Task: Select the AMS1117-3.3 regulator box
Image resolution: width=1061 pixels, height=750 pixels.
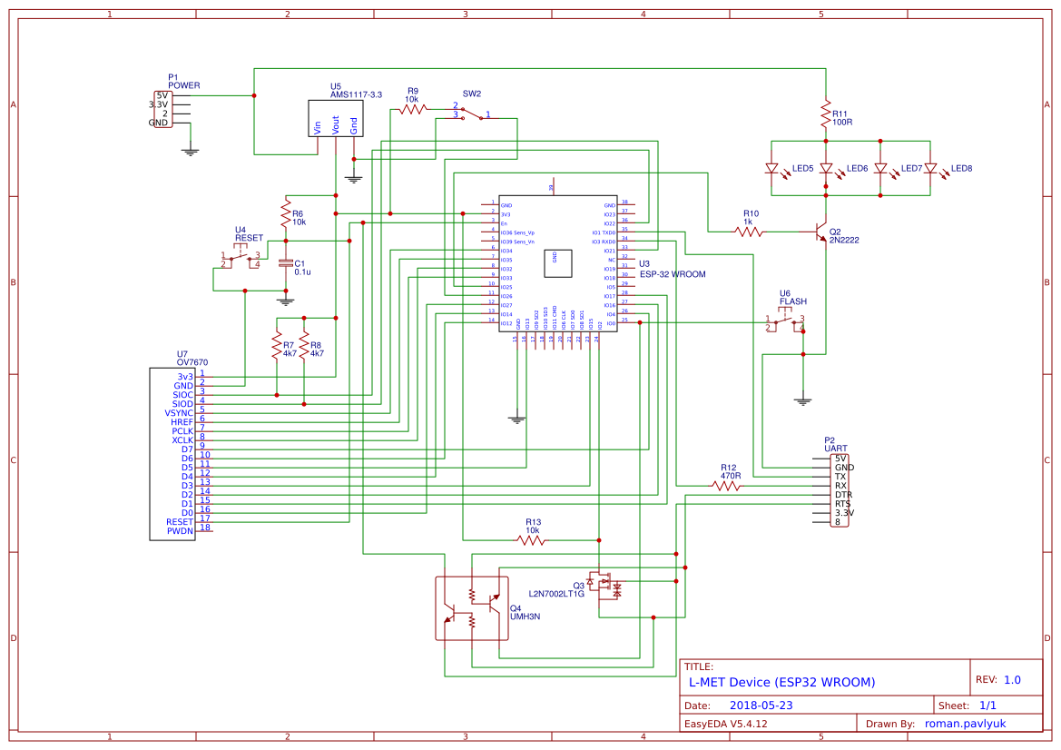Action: click(x=335, y=118)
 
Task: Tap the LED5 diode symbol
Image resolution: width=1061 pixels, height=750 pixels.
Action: click(x=771, y=169)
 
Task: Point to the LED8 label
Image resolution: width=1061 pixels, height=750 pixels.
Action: click(x=961, y=169)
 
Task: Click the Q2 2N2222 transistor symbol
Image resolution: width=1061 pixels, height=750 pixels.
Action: click(x=820, y=232)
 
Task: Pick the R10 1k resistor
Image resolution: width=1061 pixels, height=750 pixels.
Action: click(x=749, y=232)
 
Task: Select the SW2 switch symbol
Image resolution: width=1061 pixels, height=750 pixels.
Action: click(x=471, y=113)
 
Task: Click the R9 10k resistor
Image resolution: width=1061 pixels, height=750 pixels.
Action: click(x=413, y=109)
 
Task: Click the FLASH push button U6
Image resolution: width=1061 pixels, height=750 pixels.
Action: click(x=785, y=321)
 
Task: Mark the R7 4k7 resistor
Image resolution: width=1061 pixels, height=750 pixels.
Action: click(x=277, y=345)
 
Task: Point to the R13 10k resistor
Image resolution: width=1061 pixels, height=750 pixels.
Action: click(x=532, y=539)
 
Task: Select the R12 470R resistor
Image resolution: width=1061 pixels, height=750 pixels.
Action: click(x=726, y=486)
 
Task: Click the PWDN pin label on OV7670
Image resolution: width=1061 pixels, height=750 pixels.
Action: click(x=180, y=531)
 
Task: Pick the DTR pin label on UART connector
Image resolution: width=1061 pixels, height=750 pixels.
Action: click(x=843, y=494)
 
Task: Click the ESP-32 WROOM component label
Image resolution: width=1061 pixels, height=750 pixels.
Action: click(x=672, y=273)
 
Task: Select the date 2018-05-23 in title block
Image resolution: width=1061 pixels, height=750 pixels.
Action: click(x=761, y=705)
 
